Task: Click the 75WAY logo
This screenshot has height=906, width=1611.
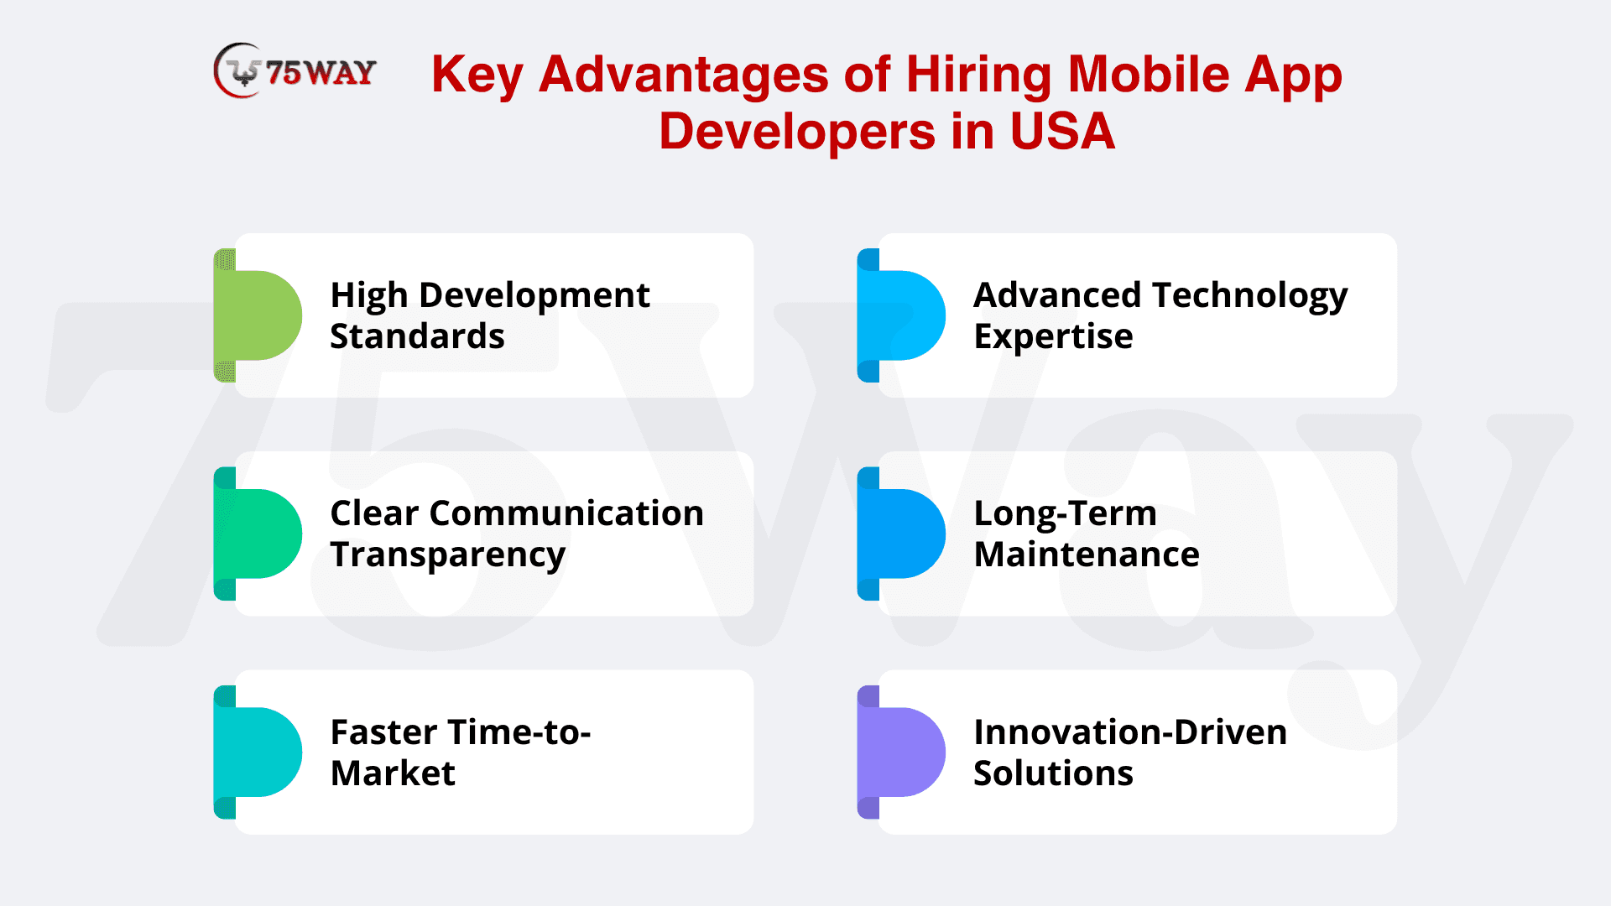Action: click(x=295, y=71)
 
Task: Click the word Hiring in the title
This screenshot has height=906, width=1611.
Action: click(x=978, y=75)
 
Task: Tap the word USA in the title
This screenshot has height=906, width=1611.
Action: click(x=1062, y=132)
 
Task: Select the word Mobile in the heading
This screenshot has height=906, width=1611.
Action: click(x=1149, y=74)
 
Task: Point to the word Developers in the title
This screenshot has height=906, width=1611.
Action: click(x=797, y=133)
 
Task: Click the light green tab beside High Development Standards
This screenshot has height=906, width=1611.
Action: click(x=258, y=315)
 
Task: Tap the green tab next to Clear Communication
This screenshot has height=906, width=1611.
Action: click(x=258, y=534)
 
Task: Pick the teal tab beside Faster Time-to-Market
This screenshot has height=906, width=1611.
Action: click(x=258, y=752)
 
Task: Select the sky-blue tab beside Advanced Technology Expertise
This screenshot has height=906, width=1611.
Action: click(x=901, y=315)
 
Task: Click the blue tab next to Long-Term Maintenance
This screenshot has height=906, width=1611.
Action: click(x=901, y=534)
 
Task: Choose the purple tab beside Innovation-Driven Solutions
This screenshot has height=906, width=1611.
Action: click(x=901, y=752)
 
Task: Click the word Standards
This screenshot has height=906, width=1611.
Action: click(x=417, y=336)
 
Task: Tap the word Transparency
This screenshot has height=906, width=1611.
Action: click(x=448, y=556)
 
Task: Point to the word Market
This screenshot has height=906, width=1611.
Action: click(x=393, y=773)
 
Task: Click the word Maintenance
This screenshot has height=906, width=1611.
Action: click(x=1087, y=555)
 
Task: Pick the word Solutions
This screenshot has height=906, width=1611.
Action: click(x=1053, y=773)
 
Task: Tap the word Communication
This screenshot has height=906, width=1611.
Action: click(x=566, y=513)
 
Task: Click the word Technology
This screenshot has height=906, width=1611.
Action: click(x=1250, y=297)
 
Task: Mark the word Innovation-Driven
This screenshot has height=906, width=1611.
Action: click(x=1130, y=732)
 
